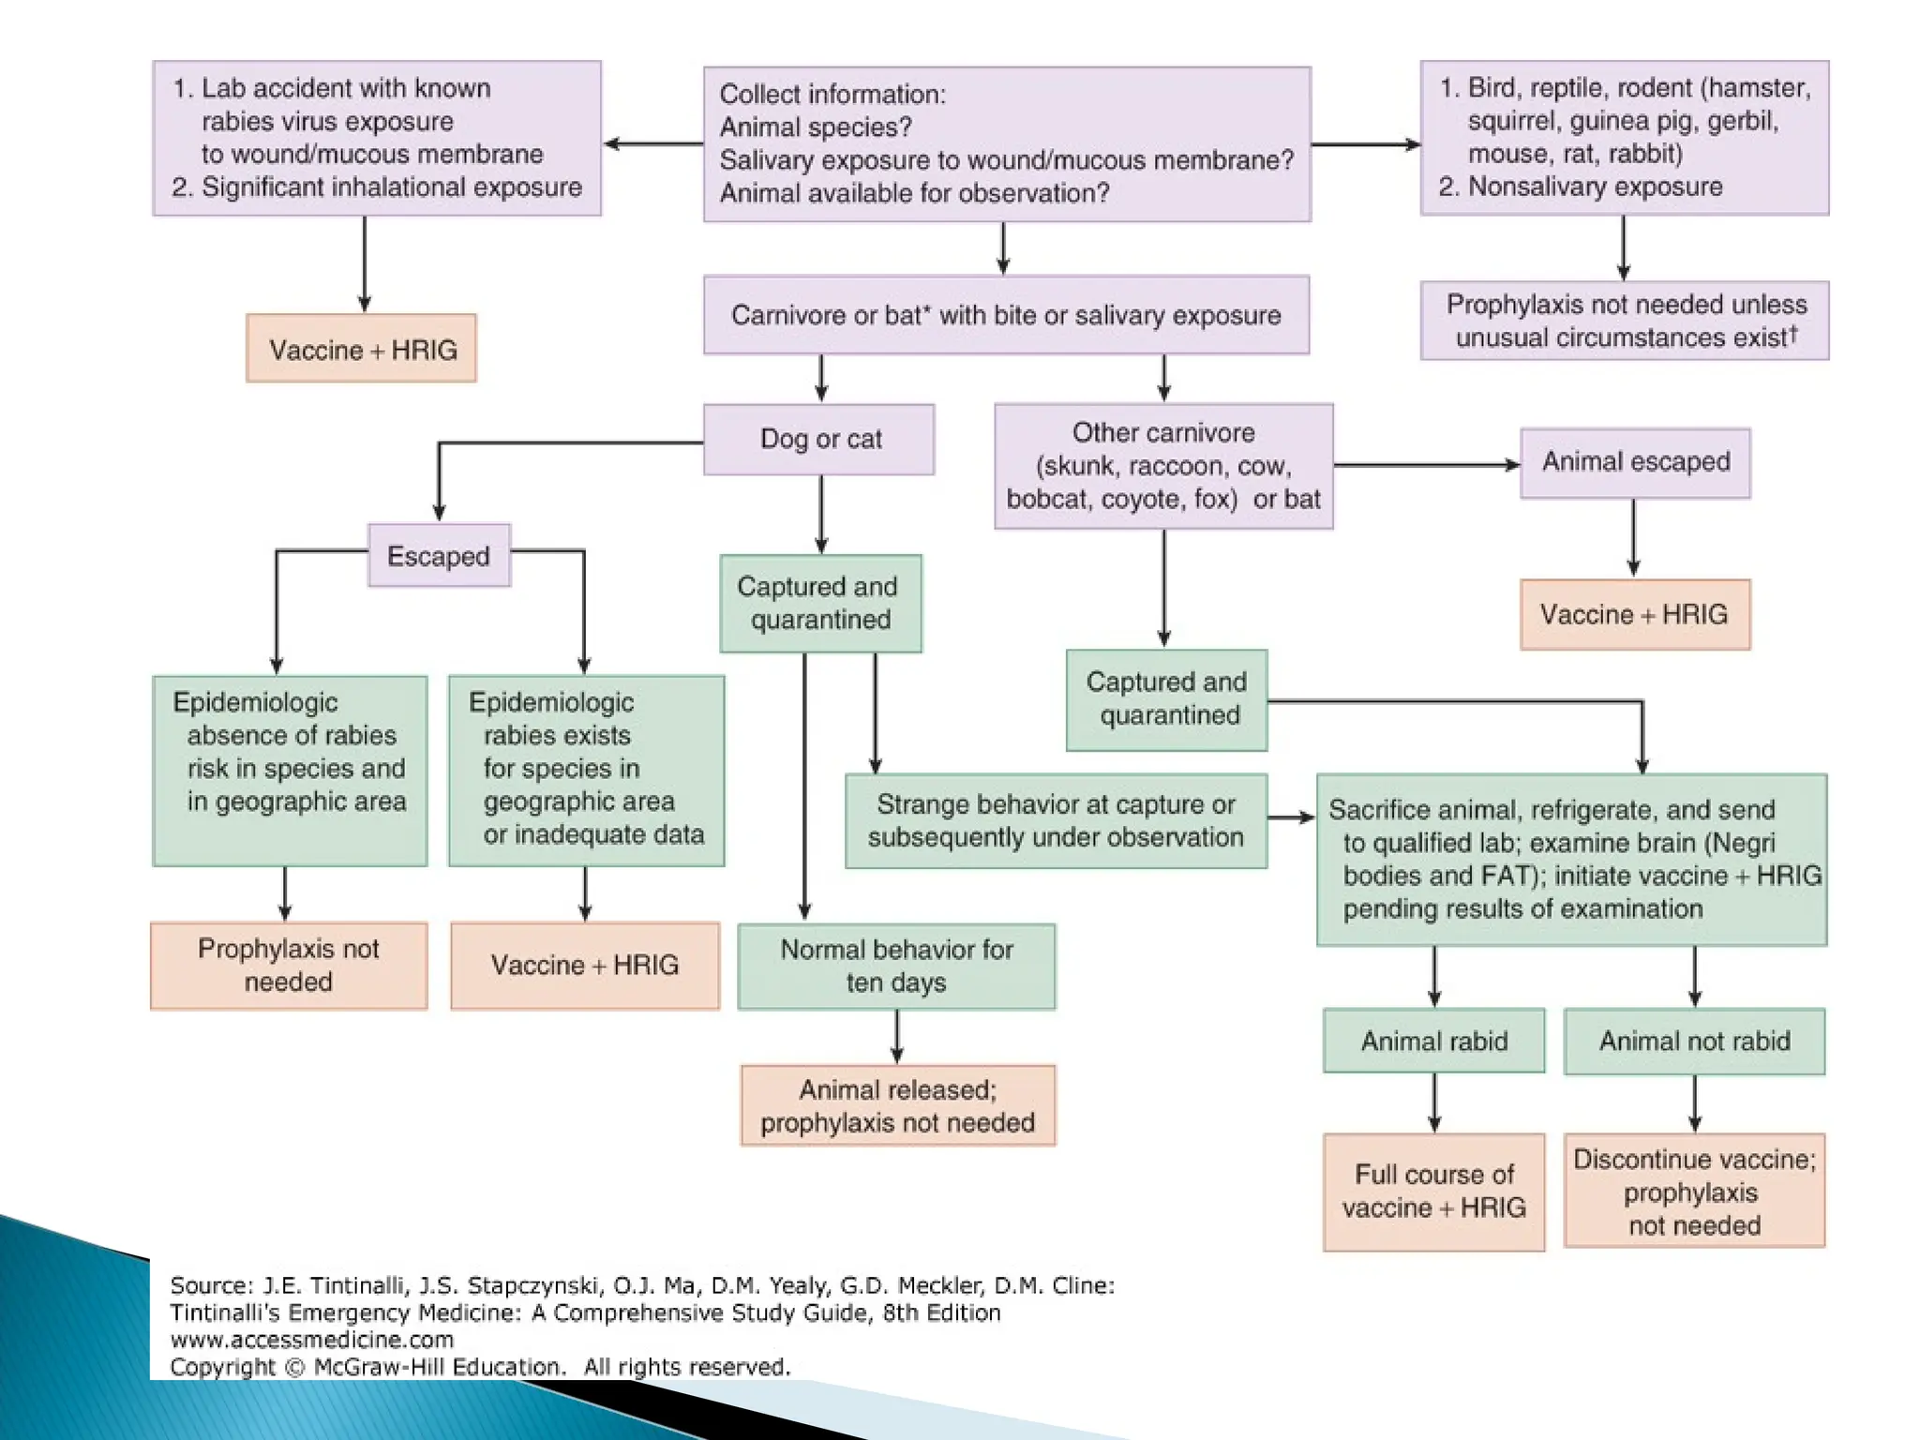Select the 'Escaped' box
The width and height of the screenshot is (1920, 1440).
pos(439,556)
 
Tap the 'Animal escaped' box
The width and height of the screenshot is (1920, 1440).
pos(1635,462)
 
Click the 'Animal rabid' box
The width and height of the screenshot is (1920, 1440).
pos(1433,1041)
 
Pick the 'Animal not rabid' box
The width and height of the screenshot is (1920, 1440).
pos(1694,1041)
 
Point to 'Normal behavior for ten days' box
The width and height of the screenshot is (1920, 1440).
pos(896,966)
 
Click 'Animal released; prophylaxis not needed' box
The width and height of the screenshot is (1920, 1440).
pos(897,1105)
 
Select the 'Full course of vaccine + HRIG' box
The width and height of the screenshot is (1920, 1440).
pos(1433,1191)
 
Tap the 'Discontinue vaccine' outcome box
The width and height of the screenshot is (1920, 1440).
pos(1694,1191)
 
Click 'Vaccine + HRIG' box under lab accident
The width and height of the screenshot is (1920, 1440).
pos(362,350)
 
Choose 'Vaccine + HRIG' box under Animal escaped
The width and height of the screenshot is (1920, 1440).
pos(1634,615)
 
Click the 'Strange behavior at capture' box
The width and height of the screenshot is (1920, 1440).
pos(1056,820)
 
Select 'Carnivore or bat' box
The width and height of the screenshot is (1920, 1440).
pos(1006,315)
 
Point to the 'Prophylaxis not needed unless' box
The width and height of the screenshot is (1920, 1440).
pos(1625,321)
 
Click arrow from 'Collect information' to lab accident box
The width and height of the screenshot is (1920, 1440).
pos(652,144)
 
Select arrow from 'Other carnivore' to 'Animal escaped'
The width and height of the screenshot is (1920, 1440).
pos(1425,465)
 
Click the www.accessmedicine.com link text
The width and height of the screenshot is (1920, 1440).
pos(312,1340)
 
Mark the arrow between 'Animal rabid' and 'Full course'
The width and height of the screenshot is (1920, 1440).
pos(1434,1102)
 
